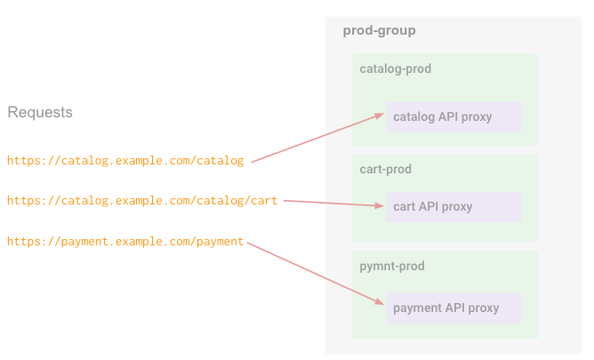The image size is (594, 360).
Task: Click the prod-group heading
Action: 379,31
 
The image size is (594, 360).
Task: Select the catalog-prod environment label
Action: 395,68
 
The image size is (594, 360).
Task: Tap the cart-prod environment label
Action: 385,169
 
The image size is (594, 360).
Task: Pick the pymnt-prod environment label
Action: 391,266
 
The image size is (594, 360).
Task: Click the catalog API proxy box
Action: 454,116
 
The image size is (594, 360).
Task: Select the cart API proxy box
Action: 454,206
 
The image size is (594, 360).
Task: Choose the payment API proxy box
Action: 454,308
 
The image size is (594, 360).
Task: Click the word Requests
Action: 40,113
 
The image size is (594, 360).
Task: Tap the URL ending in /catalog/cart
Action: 142,201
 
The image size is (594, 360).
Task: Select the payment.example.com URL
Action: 125,242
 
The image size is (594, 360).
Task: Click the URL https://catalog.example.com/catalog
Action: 125,161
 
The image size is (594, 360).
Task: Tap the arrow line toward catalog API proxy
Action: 316,139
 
